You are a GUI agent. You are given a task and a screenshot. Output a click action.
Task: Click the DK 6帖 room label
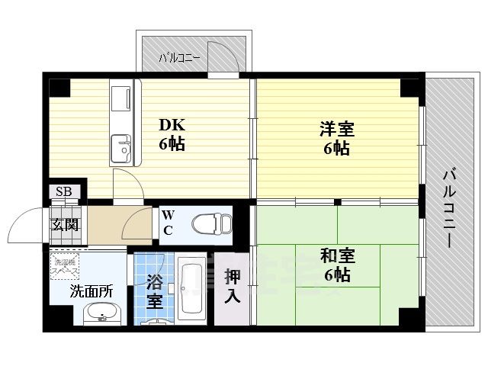(x=172, y=134)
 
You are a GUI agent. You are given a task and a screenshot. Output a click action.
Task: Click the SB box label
(x=63, y=191)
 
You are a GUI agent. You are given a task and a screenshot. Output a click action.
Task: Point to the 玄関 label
(x=64, y=224)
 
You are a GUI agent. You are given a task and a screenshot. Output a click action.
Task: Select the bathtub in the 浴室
(x=191, y=290)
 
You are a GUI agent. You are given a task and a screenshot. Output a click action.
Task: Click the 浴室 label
(x=154, y=290)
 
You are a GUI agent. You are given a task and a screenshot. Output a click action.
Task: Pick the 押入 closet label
(x=232, y=285)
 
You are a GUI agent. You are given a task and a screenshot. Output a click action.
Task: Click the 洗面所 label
(x=91, y=290)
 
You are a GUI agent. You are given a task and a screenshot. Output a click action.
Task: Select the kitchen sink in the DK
(x=120, y=149)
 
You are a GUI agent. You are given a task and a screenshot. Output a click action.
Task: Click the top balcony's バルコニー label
(x=179, y=57)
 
